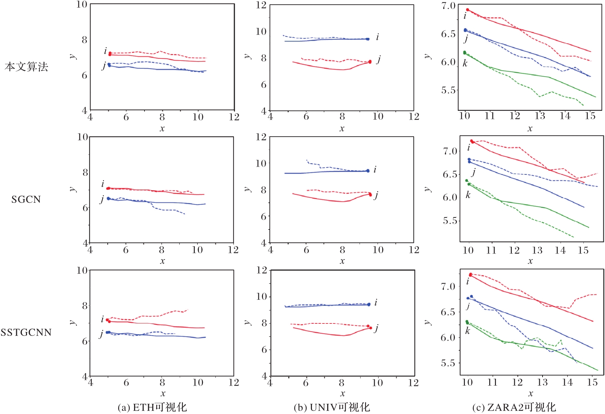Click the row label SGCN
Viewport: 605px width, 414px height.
click(x=26, y=199)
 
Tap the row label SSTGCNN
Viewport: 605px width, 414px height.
click(x=26, y=333)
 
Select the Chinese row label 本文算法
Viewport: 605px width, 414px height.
click(x=26, y=67)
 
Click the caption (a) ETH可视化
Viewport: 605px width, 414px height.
click(x=152, y=407)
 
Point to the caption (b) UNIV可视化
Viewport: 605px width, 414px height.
click(x=332, y=407)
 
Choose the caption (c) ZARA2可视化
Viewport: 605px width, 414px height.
click(x=514, y=407)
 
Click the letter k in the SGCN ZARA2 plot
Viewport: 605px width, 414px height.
click(x=468, y=195)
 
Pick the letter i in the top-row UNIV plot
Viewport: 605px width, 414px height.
click(x=377, y=37)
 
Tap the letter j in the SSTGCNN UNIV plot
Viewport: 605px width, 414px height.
click(x=376, y=328)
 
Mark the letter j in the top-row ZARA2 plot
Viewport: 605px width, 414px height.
click(x=466, y=39)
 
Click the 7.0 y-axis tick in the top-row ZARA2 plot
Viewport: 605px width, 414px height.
click(x=448, y=6)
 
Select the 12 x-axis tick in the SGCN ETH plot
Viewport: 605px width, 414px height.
click(x=233, y=250)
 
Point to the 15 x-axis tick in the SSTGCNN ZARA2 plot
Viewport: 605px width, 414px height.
click(x=593, y=382)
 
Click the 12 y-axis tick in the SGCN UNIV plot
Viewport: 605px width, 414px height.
click(x=261, y=137)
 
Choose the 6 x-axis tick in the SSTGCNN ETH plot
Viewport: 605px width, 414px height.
click(x=126, y=383)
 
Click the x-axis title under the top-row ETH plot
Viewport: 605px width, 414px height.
click(x=162, y=128)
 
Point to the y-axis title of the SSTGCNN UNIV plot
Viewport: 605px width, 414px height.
click(x=247, y=322)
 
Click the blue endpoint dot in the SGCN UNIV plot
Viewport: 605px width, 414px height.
click(x=368, y=171)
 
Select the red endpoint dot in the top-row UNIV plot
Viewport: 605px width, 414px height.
click(x=370, y=62)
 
